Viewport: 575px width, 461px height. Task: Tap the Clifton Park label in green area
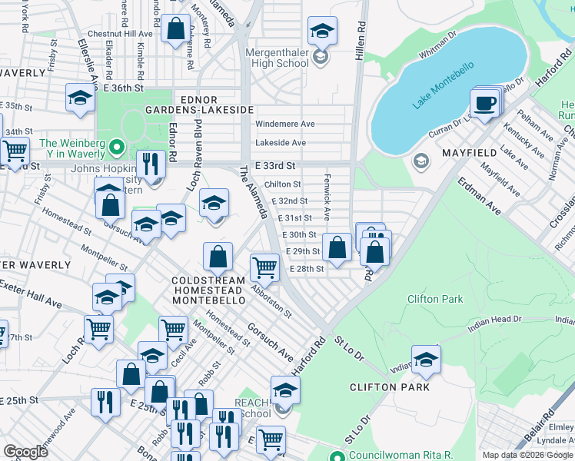[x=435, y=299]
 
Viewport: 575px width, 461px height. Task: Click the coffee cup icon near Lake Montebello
[x=484, y=104]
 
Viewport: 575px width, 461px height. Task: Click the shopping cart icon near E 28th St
[x=265, y=267]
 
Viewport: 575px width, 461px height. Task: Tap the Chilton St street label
[x=282, y=184]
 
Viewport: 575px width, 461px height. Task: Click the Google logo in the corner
[x=25, y=452]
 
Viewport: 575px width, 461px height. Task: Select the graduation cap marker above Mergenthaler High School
[x=323, y=31]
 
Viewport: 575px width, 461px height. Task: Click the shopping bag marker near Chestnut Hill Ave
[x=176, y=29]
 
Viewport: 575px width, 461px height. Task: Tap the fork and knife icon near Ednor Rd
[x=151, y=163]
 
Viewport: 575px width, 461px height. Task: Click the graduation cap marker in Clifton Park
[x=426, y=359]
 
